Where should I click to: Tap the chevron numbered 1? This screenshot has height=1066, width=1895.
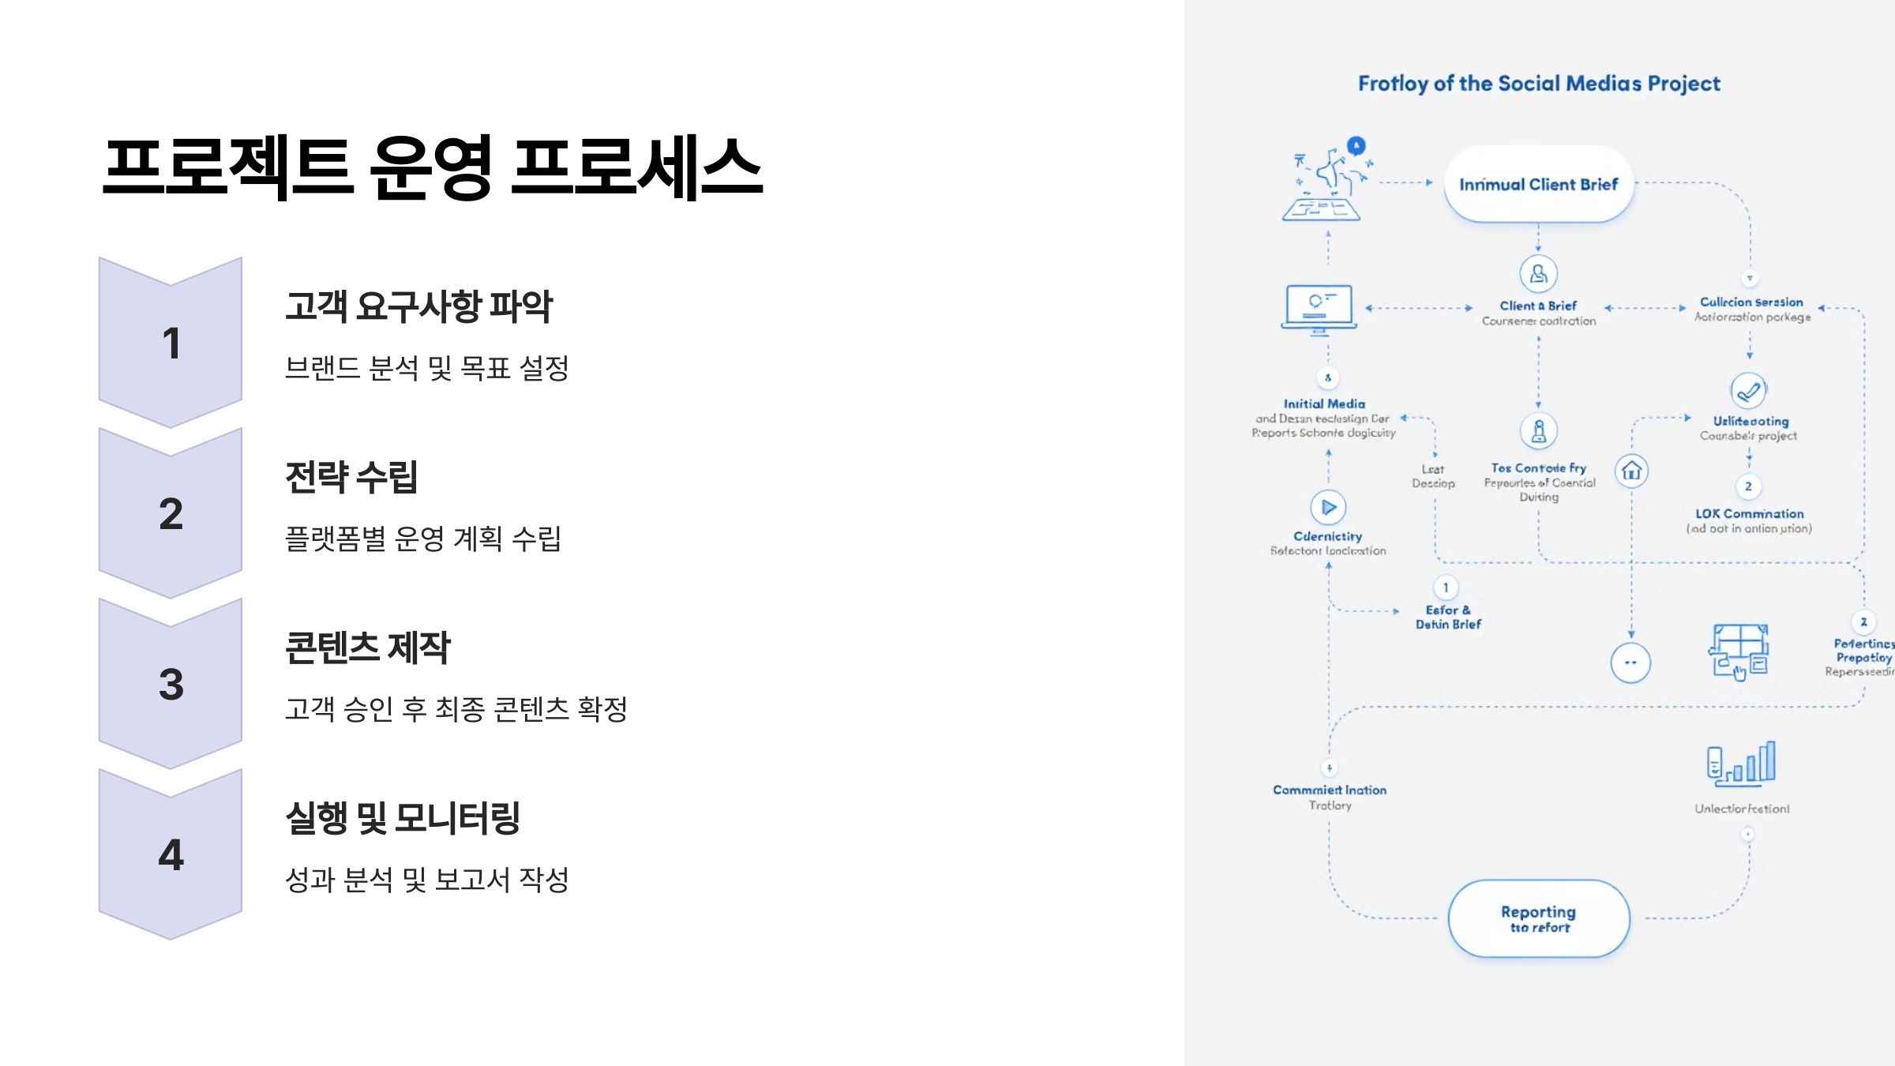coord(171,343)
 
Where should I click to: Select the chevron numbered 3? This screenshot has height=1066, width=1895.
coord(171,684)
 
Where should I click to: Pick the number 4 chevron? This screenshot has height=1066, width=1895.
coord(171,854)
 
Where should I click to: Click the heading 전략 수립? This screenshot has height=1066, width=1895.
coord(351,477)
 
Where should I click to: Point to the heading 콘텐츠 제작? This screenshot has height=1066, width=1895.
coord(367,647)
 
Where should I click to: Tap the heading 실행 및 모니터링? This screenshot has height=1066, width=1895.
coord(403,818)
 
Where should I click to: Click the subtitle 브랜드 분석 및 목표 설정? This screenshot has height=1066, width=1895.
coord(426,368)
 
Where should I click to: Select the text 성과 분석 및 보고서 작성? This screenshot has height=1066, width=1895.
coord(426,880)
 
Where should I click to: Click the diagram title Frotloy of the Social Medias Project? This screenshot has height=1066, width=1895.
coord(1539,84)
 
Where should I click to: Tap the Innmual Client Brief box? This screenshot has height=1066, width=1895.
coord(1539,184)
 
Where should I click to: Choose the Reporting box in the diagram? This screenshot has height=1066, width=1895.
coord(1539,918)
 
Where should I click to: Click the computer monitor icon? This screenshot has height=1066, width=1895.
coord(1319,308)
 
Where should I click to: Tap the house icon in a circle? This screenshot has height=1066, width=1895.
coord(1632,471)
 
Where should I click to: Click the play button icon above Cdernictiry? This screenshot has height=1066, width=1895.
coord(1328,507)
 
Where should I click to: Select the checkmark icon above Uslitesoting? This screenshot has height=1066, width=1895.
coord(1749,390)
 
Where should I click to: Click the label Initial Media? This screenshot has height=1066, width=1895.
coord(1324,404)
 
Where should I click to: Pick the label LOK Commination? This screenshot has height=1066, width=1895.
coord(1750,514)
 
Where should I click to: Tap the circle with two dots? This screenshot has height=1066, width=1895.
coord(1630,662)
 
